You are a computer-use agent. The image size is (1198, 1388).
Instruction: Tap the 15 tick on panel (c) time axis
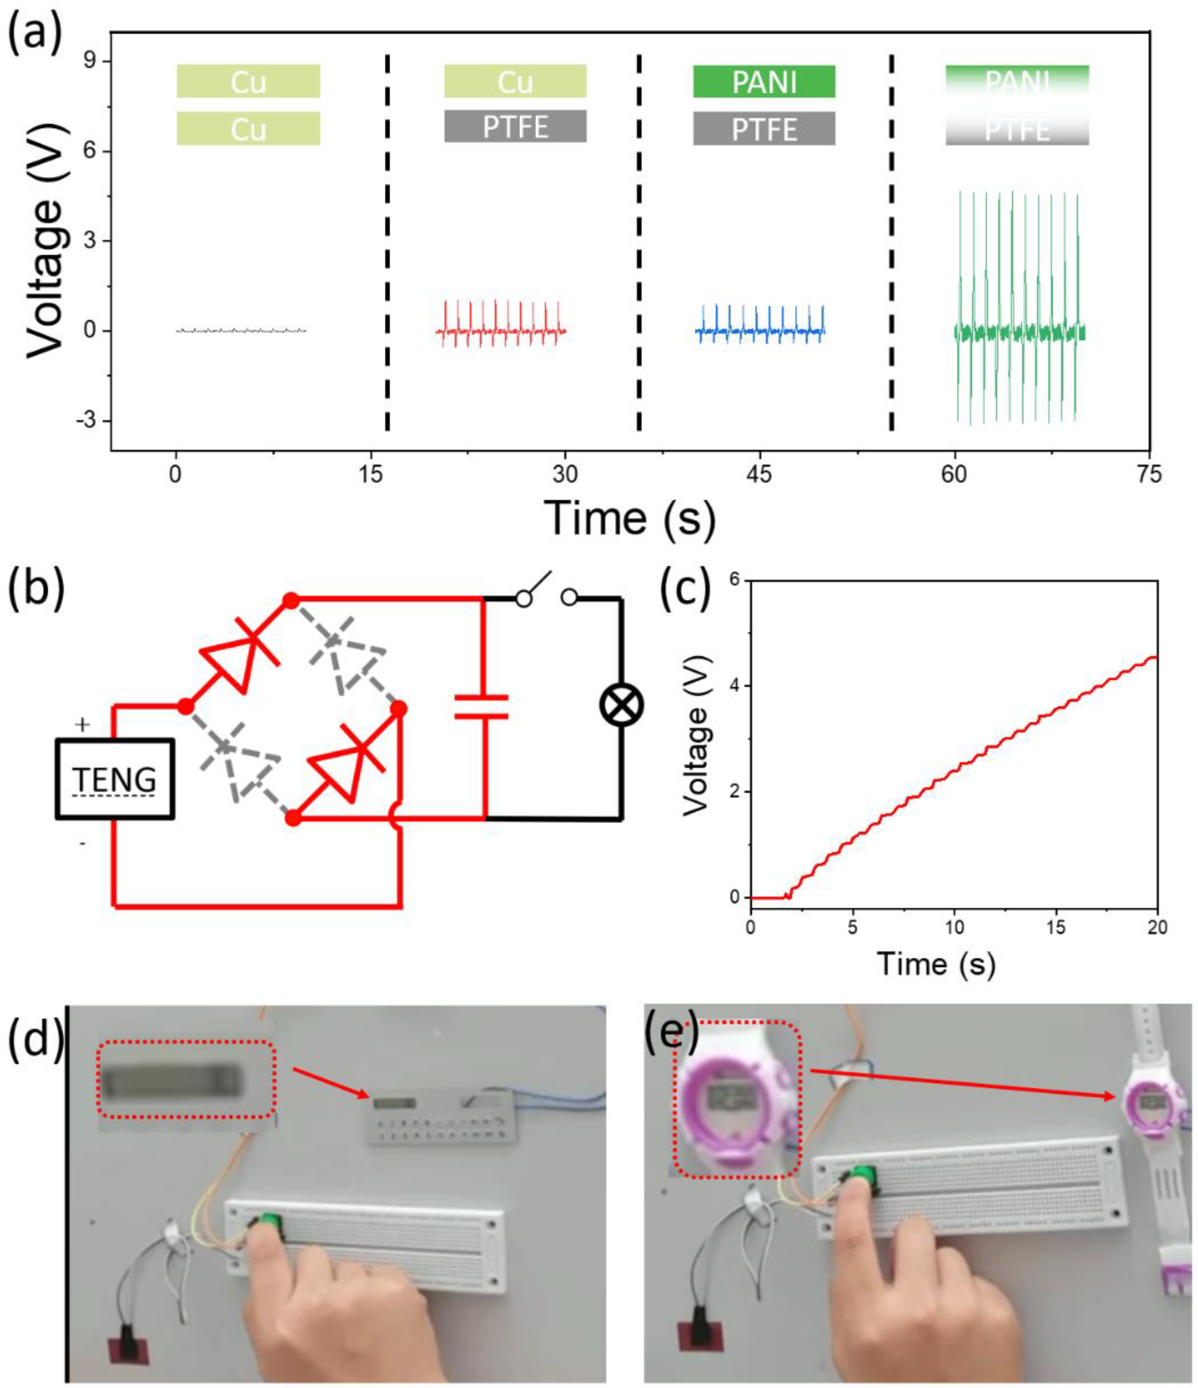(x=1056, y=928)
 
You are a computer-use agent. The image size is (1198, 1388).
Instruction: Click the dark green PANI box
(x=764, y=82)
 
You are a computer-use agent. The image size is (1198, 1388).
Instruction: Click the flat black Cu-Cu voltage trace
(x=241, y=330)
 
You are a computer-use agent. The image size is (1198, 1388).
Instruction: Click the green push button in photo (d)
(x=270, y=1222)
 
